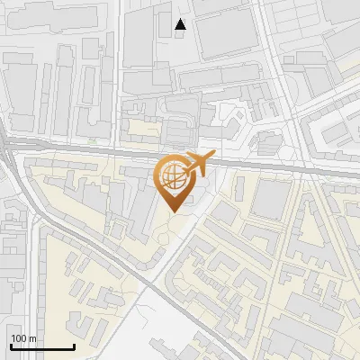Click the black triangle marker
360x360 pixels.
tap(181, 24)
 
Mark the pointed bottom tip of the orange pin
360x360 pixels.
tap(173, 211)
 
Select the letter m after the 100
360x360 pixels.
tap(32, 337)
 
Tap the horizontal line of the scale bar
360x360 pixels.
tap(41, 346)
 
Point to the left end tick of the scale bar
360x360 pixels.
tap(10, 345)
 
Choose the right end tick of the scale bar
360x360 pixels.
tap(74, 345)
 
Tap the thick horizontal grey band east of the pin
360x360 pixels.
tap(270, 166)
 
